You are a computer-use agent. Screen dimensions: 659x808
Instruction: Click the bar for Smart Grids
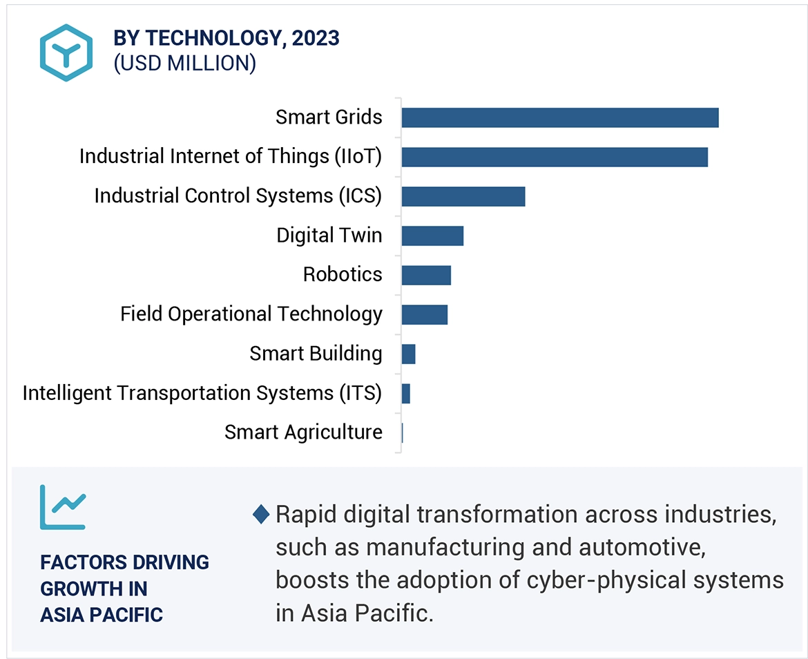[559, 118]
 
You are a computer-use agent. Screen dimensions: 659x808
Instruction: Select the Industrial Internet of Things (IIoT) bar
[554, 157]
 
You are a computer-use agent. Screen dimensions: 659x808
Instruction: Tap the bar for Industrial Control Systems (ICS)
[463, 197]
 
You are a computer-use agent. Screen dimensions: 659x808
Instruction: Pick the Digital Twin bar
[432, 236]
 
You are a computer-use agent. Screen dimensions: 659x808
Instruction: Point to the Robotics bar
[426, 276]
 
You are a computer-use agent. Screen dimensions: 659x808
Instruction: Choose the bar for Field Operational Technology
[424, 315]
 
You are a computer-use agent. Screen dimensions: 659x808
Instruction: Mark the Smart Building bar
[408, 354]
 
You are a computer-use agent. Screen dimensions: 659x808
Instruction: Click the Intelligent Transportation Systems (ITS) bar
[406, 394]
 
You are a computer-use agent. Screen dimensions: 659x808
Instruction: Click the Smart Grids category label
[329, 117]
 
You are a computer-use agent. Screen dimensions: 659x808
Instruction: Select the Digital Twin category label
[329, 236]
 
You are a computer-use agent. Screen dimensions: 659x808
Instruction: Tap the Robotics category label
[343, 275]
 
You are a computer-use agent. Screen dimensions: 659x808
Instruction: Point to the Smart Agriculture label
[303, 432]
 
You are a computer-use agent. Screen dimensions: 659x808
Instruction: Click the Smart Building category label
[316, 354]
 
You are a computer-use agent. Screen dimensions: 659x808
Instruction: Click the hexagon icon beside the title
[66, 52]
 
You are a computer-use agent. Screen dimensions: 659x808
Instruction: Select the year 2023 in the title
[315, 39]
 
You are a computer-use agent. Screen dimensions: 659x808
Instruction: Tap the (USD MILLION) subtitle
[184, 64]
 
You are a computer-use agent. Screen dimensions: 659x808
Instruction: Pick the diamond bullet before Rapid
[261, 515]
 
